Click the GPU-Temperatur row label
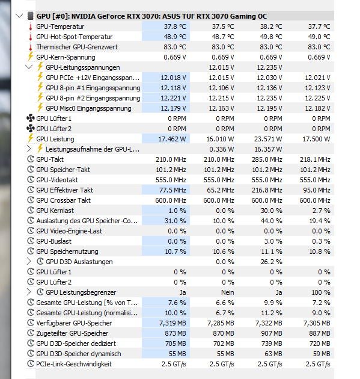[x=60, y=26]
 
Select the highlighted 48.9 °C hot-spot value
[x=175, y=37]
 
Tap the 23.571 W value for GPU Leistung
[x=268, y=139]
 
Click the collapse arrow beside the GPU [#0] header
[x=19, y=16]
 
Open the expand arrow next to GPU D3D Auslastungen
[x=29, y=262]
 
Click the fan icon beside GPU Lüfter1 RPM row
[x=31, y=119]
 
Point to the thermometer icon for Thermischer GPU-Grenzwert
[x=31, y=47]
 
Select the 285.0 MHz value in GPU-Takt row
[x=267, y=159]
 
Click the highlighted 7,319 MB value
[x=172, y=323]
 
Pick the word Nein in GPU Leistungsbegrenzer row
[x=227, y=292]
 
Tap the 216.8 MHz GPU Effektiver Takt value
[x=267, y=190]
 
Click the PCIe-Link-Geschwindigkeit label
[x=74, y=364]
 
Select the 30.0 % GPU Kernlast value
[x=272, y=211]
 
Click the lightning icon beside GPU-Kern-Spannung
[x=31, y=57]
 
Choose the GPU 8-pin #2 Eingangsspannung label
[x=93, y=98]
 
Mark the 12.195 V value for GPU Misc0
[x=269, y=108]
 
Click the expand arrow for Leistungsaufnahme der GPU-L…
[x=29, y=149]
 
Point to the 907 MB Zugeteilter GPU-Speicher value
[x=272, y=333]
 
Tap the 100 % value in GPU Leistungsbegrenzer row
[x=321, y=292]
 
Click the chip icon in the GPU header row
[x=31, y=16]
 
